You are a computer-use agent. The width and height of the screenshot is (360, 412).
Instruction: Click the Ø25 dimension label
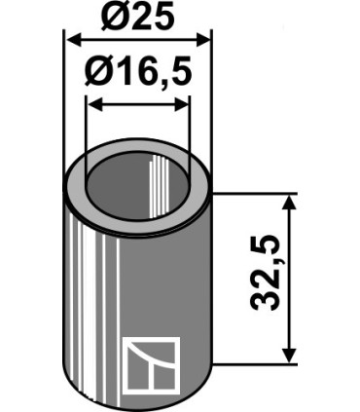[x=137, y=16]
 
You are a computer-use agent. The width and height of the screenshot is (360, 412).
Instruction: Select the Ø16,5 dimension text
[x=138, y=71]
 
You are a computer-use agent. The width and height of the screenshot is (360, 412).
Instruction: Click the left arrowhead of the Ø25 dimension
[x=73, y=40]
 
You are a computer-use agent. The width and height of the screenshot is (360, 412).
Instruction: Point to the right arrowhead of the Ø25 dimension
[x=203, y=40]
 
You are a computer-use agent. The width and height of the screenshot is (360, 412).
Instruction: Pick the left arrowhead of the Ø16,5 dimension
[x=95, y=105]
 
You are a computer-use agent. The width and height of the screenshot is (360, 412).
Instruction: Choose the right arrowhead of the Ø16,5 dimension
[x=181, y=105]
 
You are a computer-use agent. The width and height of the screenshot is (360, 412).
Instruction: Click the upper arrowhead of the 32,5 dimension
[x=289, y=202]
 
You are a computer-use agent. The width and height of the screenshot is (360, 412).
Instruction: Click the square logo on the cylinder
[x=151, y=366]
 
